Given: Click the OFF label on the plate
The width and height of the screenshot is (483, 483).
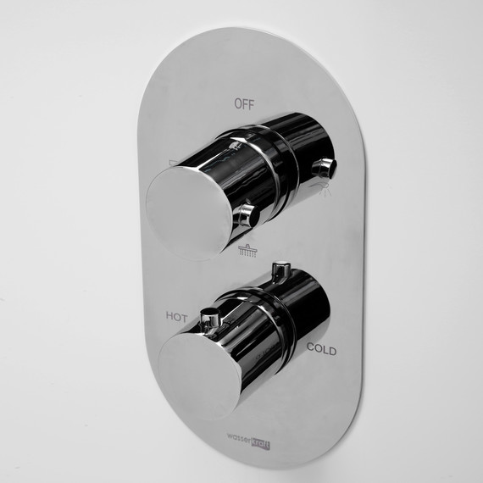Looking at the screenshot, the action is [x=244, y=104].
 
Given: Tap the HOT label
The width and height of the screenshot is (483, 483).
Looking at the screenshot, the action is [x=176, y=317].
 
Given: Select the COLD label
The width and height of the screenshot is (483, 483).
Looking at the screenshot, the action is [x=321, y=349].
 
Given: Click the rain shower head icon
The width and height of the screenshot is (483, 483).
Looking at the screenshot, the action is [x=248, y=250].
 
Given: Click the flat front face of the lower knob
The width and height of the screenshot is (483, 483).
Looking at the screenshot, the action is [x=199, y=376].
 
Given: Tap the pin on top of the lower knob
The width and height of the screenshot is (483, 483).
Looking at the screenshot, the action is [x=280, y=272].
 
